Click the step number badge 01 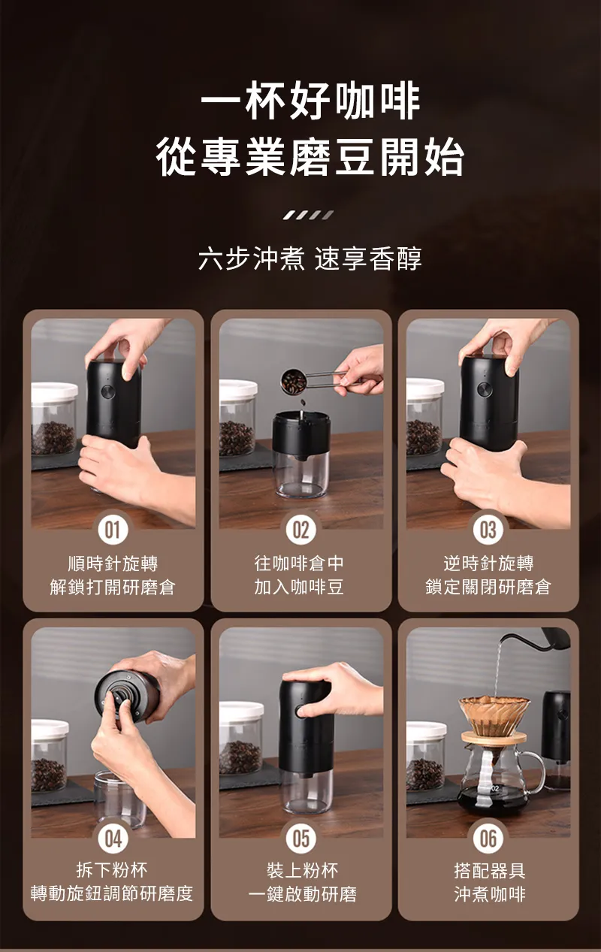pos(113,530)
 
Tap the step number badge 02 pos(300,530)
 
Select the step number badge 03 pos(488,530)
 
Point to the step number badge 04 pos(113,838)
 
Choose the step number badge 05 pos(300,838)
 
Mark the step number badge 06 pos(488,838)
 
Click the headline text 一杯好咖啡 pos(310,101)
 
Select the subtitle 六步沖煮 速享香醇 pos(310,258)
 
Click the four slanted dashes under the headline pos(309,215)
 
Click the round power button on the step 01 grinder pos(108,391)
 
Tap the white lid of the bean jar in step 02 pos(238,390)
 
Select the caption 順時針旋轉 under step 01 pos(113,564)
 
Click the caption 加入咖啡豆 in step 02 pos(299,587)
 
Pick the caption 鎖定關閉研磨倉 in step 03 pos(488,587)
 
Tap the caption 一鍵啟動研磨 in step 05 pos(302,894)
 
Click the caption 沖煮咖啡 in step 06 pos(490,894)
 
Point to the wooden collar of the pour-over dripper pos(494,737)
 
